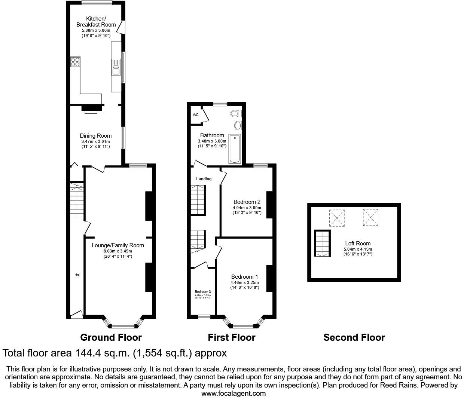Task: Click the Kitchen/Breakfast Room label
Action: tap(96, 22)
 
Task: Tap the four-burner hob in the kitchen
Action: tap(75, 62)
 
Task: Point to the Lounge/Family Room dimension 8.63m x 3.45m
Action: tap(117, 251)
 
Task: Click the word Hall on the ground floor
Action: tap(77, 275)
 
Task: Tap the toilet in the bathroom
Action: tap(236, 113)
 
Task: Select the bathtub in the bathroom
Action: tap(235, 149)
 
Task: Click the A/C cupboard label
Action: tap(195, 115)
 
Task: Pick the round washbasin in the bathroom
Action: tap(238, 125)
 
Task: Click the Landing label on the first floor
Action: tap(204, 179)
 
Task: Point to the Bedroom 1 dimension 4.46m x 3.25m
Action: tap(245, 282)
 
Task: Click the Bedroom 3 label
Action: tap(202, 292)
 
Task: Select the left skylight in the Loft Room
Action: tap(337, 218)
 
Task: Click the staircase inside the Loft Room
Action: tap(322, 244)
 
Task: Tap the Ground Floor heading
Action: tap(111, 337)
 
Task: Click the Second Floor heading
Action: tap(354, 337)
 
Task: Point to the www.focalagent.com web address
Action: tap(233, 393)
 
